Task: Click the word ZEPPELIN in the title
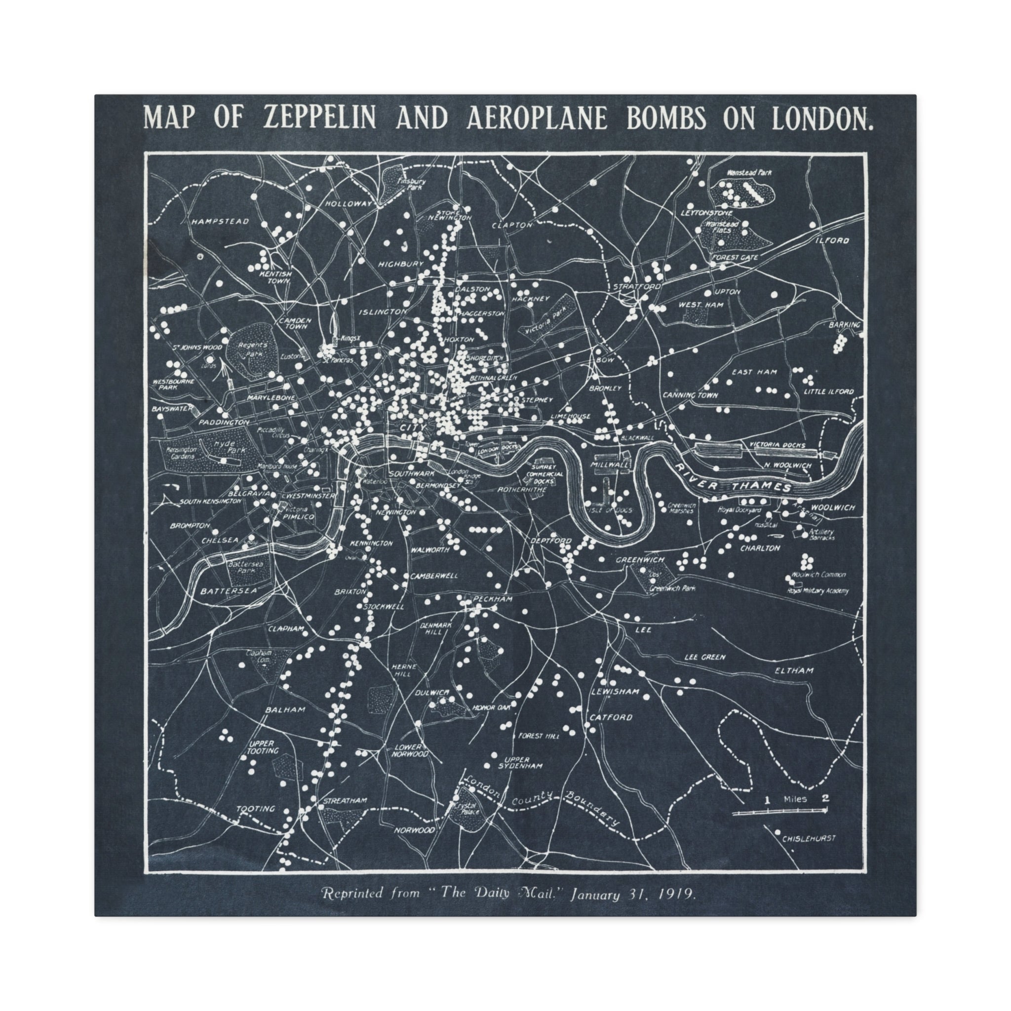click(319, 118)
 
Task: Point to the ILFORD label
click(831, 241)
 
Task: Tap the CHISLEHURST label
click(809, 838)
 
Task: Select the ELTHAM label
click(794, 670)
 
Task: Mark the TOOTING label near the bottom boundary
click(255, 809)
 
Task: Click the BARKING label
click(844, 325)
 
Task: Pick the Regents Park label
click(252, 350)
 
